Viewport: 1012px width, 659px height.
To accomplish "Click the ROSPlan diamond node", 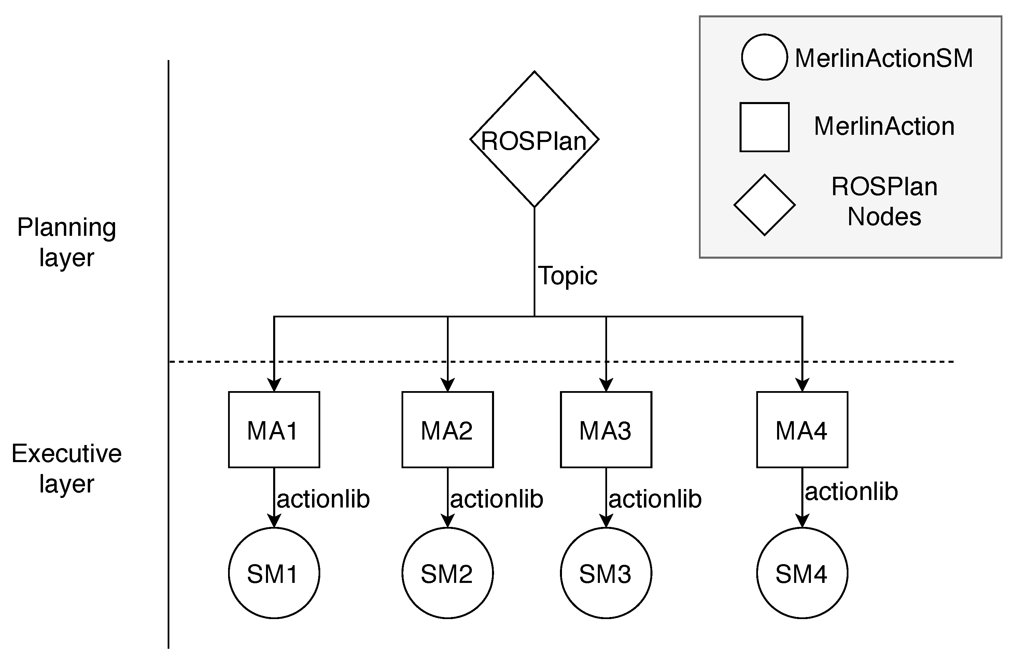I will point(534,139).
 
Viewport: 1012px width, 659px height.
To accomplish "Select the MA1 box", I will point(274,430).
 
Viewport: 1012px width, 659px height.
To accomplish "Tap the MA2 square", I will point(447,430).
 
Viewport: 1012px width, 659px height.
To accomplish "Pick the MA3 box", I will point(606,430).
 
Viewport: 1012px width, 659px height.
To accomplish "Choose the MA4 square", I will point(802,430).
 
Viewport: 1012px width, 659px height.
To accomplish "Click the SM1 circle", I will point(274,573).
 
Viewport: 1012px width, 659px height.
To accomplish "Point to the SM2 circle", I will point(447,573).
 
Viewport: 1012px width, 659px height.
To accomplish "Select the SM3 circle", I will point(606,573).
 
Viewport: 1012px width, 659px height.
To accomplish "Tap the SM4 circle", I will point(802,573).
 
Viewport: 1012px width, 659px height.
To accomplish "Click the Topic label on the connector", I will point(568,276).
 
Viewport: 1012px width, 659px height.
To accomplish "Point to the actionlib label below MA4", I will point(851,491).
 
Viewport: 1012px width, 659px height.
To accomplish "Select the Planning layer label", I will point(67,242).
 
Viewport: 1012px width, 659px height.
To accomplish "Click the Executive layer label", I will point(67,468).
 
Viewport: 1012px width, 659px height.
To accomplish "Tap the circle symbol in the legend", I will point(764,57).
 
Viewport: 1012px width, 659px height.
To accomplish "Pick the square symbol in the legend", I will point(764,127).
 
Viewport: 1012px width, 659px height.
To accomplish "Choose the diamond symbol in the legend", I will point(764,205).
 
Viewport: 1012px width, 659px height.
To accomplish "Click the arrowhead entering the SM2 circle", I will point(447,521).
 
